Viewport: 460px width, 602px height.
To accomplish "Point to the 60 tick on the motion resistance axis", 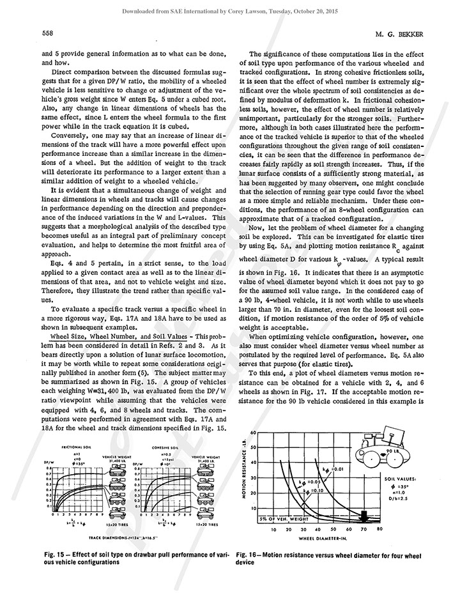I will coord(254,433).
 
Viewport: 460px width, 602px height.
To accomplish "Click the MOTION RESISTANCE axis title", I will coord(243,474).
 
